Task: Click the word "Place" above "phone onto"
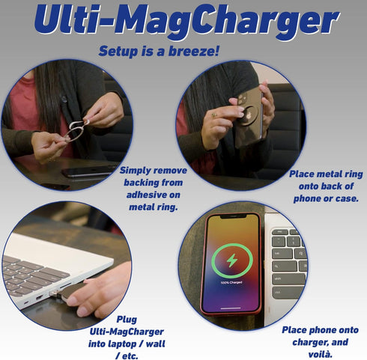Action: point(297,329)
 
